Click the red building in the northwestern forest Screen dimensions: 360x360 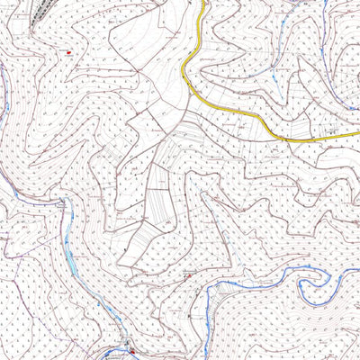coord(67,53)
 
